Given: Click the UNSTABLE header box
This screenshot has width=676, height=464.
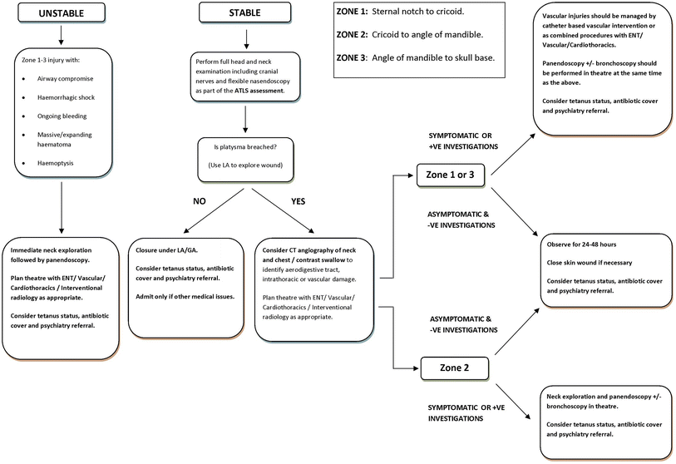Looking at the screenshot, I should pyautogui.click(x=60, y=13).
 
